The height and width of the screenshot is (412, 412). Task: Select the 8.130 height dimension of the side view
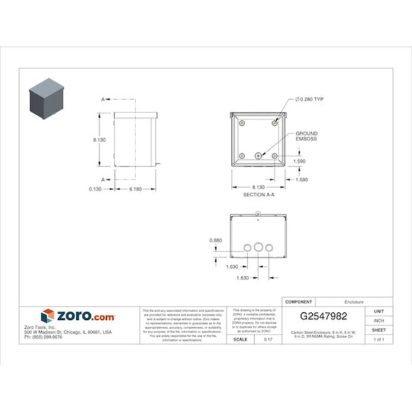[x=99, y=140]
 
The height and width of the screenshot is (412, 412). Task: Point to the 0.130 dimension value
[x=96, y=189]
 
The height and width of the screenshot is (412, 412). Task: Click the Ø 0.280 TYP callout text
[x=310, y=99]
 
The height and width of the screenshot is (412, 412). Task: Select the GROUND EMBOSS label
[x=306, y=136]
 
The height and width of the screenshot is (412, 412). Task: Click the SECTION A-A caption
[x=258, y=195]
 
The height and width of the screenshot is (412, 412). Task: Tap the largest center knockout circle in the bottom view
[x=258, y=247]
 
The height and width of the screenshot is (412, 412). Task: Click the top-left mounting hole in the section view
[x=242, y=123]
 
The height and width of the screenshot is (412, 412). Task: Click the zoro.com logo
[x=78, y=316]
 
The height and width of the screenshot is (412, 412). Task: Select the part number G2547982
[x=323, y=316]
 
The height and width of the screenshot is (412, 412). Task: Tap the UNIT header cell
[x=379, y=311]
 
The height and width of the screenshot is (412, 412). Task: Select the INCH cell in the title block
[x=379, y=321]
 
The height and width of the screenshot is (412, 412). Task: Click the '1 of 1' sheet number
[x=379, y=339]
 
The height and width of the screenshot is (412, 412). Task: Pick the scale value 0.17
[x=267, y=339]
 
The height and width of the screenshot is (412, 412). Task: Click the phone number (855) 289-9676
[x=43, y=337]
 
